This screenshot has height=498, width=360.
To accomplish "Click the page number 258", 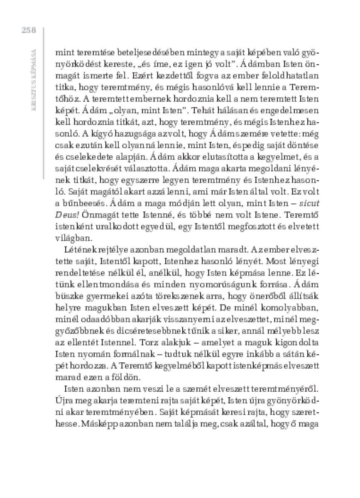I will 28,30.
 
